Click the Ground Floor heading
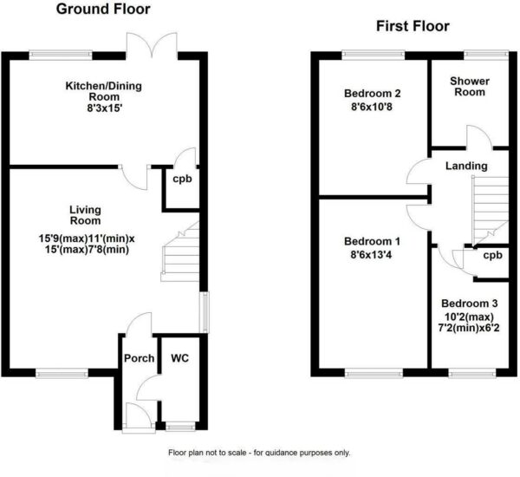pyautogui.click(x=103, y=9)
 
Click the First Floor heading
pyautogui.click(x=413, y=26)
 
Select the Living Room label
pyautogui.click(x=85, y=215)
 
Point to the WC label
pyautogui.click(x=179, y=358)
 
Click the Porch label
pyautogui.click(x=140, y=358)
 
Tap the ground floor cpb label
pyautogui.click(x=182, y=180)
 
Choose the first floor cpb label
pyautogui.click(x=492, y=256)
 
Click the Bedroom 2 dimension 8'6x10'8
pyautogui.click(x=372, y=108)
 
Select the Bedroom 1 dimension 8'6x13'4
pyautogui.click(x=372, y=255)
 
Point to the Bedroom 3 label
pyautogui.click(x=469, y=304)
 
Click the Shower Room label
pyautogui.click(x=470, y=87)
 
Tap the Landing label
pyautogui.click(x=466, y=166)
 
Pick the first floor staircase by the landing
pyautogui.click(x=491, y=212)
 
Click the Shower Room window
pyautogui.click(x=486, y=55)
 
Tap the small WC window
pyautogui.click(x=180, y=426)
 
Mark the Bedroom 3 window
pyautogui.click(x=472, y=374)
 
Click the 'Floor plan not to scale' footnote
pyautogui.click(x=259, y=453)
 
